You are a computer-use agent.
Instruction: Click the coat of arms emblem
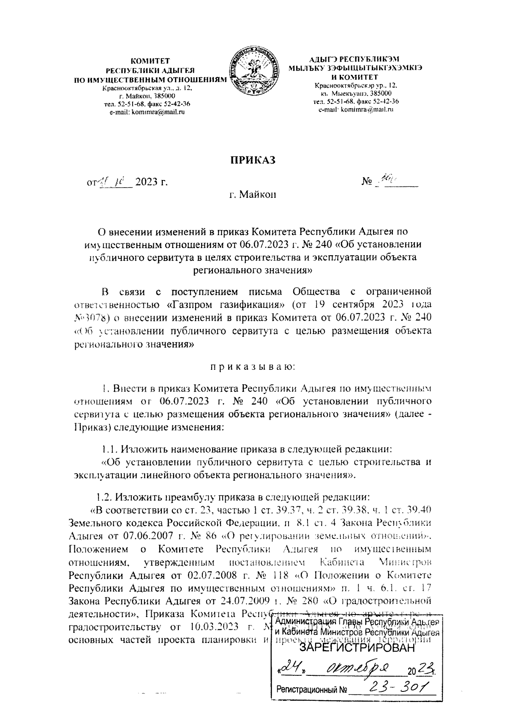coord(253,73)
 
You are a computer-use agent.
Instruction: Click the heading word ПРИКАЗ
coord(253,160)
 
